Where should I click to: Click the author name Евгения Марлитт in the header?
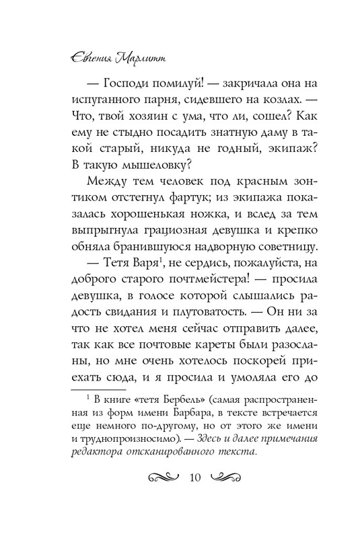pos(108,58)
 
